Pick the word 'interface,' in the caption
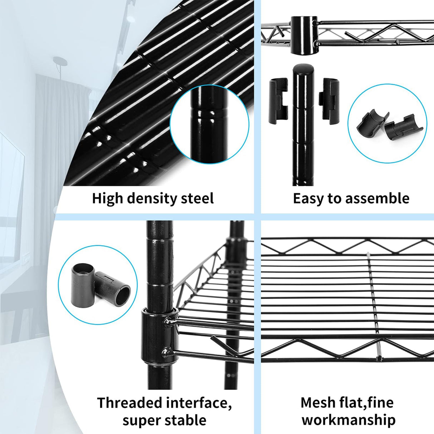tap(198, 403)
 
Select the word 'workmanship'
tap(349, 420)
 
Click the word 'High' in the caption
tap(107, 198)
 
